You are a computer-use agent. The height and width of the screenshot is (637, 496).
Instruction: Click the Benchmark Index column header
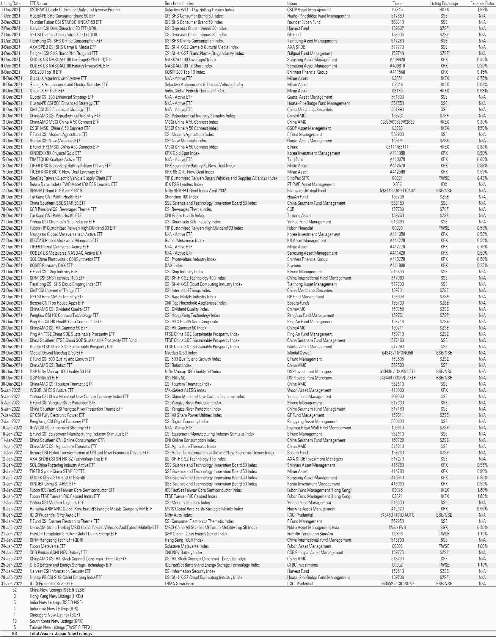pos(179,4)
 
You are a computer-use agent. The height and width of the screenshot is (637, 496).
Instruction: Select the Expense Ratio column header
pos(482,4)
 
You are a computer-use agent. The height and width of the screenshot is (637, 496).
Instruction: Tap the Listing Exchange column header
pos(444,4)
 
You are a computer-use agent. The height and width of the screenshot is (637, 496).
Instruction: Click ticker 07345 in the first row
pos(397,10)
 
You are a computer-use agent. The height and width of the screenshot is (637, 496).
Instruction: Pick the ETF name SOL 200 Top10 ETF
pos(46,72)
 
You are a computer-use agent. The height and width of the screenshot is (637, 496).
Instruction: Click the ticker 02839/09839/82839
pos(397,122)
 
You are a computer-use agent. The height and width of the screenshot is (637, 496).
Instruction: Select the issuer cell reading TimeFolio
pos(295,160)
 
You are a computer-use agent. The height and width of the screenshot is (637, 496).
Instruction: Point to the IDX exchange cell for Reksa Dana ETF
pos(444,185)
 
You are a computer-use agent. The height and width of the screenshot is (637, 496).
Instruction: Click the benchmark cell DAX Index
pos(174,266)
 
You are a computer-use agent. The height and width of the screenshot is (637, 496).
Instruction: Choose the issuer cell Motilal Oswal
pos(299,353)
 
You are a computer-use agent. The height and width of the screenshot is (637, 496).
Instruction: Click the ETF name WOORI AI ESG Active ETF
pos(51,390)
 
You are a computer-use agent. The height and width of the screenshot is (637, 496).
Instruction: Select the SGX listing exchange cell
pos(444,528)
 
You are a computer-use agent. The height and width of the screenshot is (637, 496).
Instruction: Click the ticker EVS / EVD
pos(397,528)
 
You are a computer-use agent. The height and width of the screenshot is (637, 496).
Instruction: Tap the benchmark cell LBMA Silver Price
pos(179,584)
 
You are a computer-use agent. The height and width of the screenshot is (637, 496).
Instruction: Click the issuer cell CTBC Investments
pos(302,565)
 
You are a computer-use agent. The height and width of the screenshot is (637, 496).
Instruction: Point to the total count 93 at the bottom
pos(15,634)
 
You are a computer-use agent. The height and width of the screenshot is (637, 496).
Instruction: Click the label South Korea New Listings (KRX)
pos(56,621)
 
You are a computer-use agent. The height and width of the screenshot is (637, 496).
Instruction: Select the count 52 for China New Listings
pos(15,590)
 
